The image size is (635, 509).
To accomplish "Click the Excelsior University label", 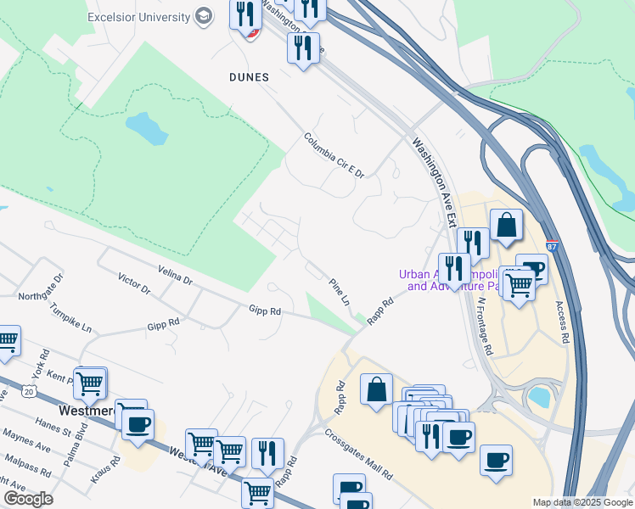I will [138, 16].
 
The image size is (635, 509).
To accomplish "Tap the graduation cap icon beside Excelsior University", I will [204, 16].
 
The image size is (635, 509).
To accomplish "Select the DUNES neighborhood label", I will [249, 77].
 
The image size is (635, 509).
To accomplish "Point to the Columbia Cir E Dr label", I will [334, 155].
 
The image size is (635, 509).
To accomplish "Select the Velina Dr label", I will [175, 274].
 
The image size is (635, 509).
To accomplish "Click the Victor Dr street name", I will [134, 283].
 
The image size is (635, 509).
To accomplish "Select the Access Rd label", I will [561, 322].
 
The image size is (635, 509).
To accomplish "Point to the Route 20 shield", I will [30, 392].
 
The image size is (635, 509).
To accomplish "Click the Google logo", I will [29, 499].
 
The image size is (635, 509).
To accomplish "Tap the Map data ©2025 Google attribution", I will [583, 502].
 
